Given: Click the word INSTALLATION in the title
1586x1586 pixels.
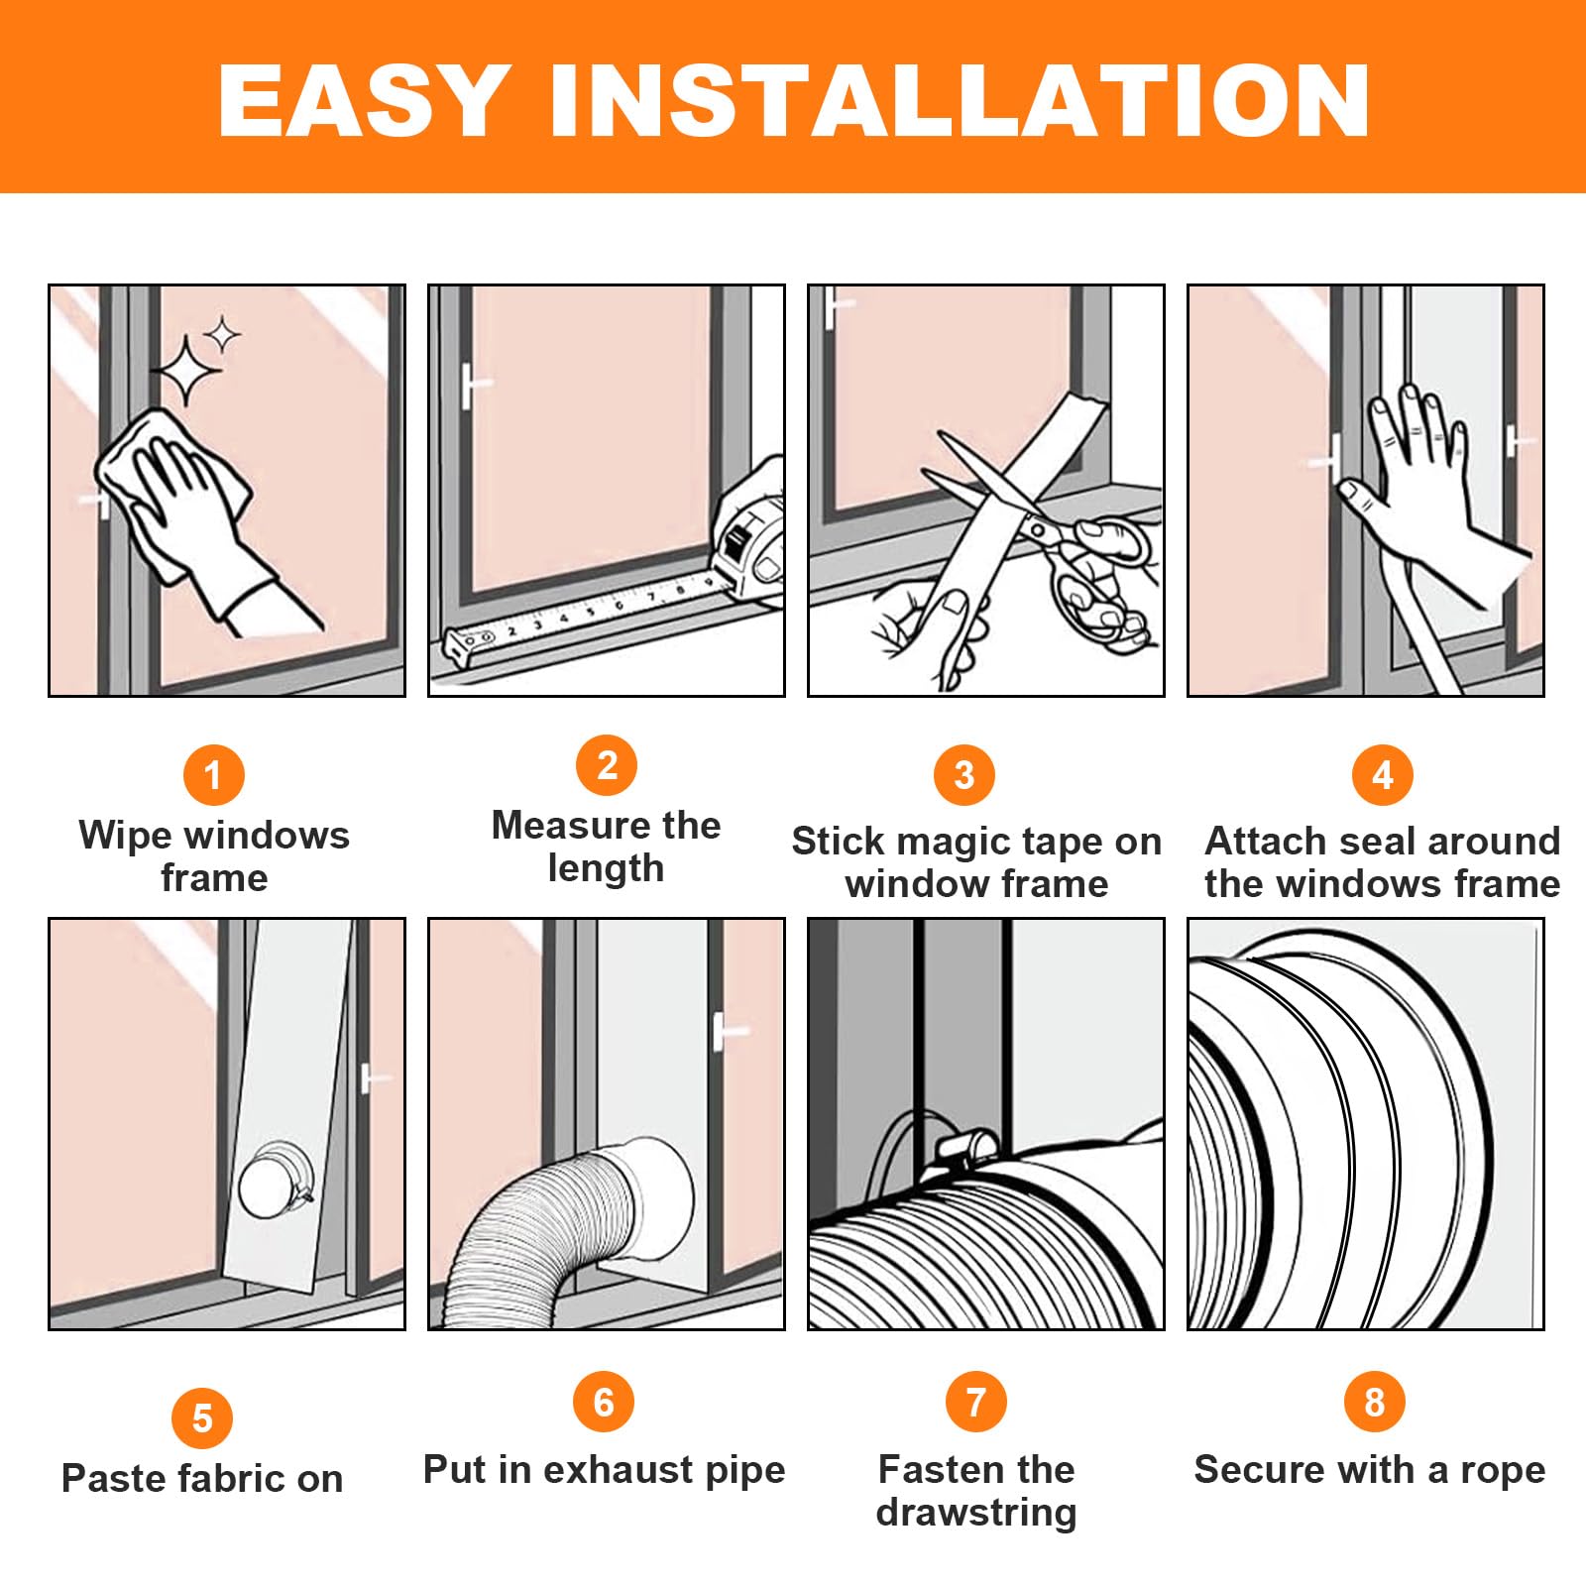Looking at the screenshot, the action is coord(960,100).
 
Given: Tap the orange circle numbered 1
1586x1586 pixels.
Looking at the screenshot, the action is coord(213,775).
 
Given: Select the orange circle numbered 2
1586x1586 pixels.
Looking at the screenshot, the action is coord(607,765).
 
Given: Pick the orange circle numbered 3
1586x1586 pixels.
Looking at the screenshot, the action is coord(963,775).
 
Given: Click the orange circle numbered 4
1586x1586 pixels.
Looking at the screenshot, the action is coord(1383,775).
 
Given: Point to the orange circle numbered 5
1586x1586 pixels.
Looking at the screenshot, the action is coord(202,1418).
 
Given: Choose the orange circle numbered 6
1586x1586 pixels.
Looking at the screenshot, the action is coord(604,1402).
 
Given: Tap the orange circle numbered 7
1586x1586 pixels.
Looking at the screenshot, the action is coord(976,1402).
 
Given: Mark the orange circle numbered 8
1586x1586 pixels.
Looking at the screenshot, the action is coord(1374,1402).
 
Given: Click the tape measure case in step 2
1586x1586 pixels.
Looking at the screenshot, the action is coord(750,535).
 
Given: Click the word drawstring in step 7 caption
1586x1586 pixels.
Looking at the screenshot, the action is coord(976,1513).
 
